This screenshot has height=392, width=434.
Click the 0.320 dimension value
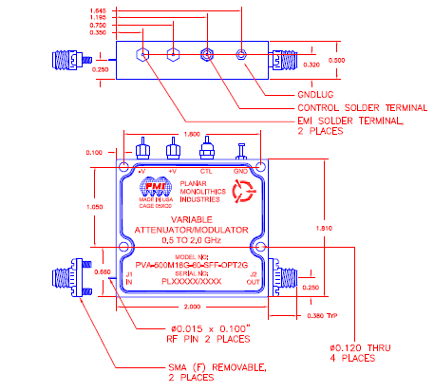point(311,65)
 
